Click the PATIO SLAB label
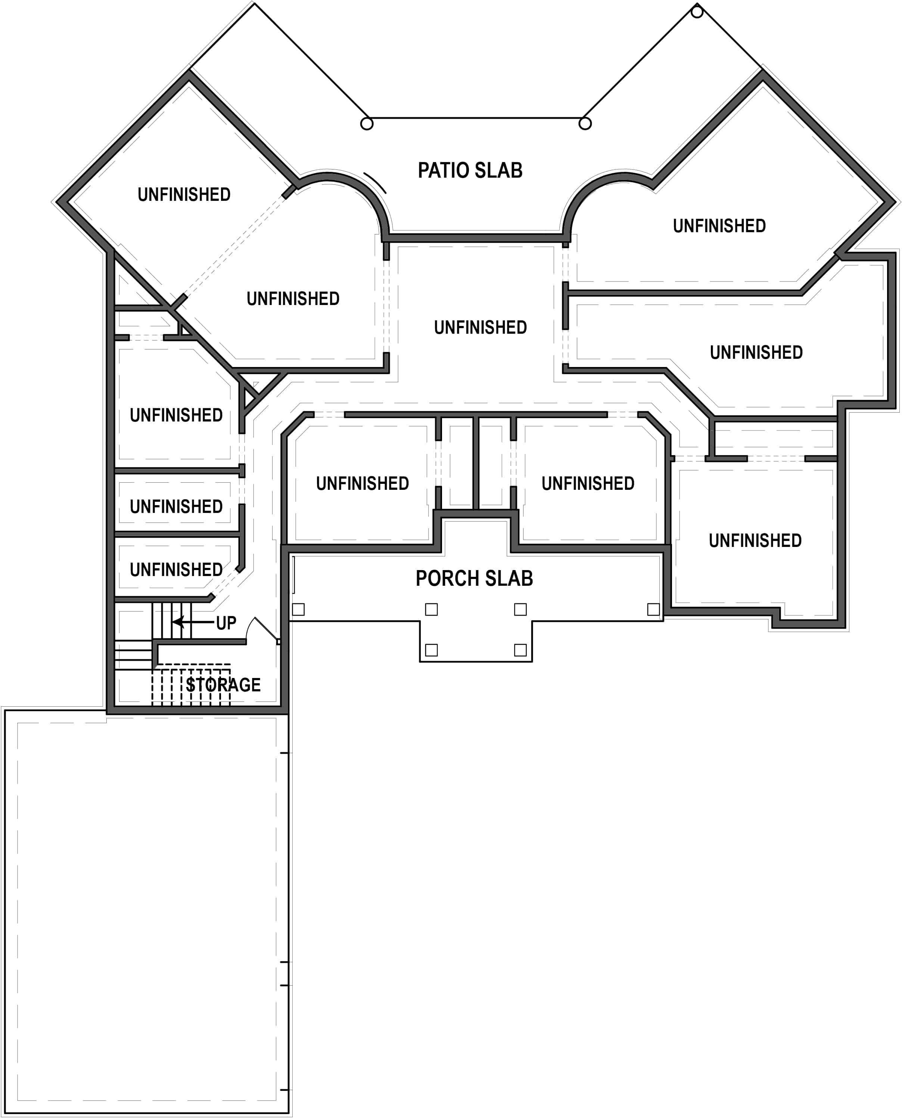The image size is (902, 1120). tap(470, 170)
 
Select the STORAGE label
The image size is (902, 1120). tap(223, 685)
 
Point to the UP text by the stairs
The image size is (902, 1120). tap(226, 623)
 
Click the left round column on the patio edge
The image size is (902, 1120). tap(367, 124)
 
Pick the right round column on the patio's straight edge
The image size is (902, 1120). tap(585, 123)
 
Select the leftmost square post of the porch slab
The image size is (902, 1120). tap(298, 609)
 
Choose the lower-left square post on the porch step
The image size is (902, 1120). tap(431, 650)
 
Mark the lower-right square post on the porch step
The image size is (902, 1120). tap(520, 650)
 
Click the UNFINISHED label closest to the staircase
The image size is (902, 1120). tap(176, 569)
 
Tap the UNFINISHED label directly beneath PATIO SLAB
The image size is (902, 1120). tap(480, 327)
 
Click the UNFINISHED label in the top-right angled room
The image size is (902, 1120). tap(719, 225)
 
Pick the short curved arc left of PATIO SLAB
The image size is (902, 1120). tap(375, 182)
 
